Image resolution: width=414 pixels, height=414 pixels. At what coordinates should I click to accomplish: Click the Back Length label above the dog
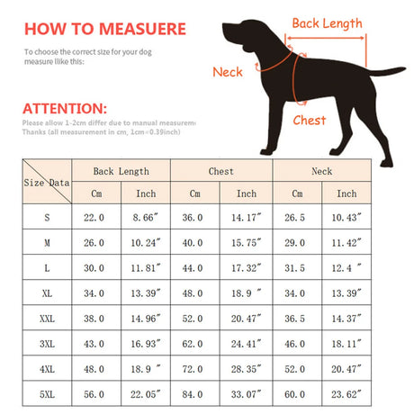(x=328, y=22)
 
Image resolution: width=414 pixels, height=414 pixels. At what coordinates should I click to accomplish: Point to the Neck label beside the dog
(x=227, y=72)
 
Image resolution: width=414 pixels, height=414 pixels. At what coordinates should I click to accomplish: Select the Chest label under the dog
(x=310, y=120)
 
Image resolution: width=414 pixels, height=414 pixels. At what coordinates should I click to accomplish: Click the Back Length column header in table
(x=121, y=171)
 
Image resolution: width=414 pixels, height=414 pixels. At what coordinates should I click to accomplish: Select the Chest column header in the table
(x=220, y=171)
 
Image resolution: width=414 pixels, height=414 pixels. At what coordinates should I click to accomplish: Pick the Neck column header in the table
(x=321, y=171)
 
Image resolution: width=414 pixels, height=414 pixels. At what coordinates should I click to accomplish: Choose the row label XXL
(x=47, y=319)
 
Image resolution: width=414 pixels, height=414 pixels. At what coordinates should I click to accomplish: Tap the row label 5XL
(x=47, y=394)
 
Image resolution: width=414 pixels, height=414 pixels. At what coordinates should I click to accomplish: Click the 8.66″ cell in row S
(x=146, y=217)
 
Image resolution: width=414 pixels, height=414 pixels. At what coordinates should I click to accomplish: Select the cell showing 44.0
(x=194, y=267)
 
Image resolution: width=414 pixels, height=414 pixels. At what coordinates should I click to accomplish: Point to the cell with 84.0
(x=194, y=394)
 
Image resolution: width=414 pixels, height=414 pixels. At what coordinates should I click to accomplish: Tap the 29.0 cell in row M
(x=295, y=242)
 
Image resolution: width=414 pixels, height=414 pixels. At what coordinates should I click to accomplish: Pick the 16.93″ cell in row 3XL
(x=146, y=344)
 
